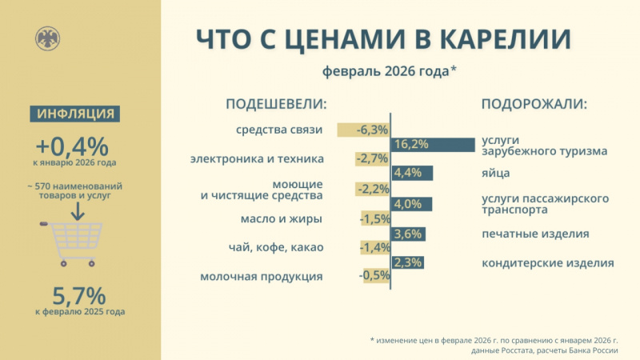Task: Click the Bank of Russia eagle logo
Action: click(47, 38)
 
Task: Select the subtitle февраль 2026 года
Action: click(390, 71)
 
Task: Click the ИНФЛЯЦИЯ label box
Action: click(76, 114)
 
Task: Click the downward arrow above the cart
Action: click(76, 210)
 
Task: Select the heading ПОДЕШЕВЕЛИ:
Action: click(277, 105)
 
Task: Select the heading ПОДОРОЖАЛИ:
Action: click(534, 105)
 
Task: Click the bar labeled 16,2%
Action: click(432, 144)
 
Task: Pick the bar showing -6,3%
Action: click(364, 130)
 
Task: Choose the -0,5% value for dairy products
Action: click(374, 275)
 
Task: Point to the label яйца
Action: click(495, 173)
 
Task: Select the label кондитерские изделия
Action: click(547, 262)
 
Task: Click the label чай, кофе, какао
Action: click(276, 247)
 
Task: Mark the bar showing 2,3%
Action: click(407, 262)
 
